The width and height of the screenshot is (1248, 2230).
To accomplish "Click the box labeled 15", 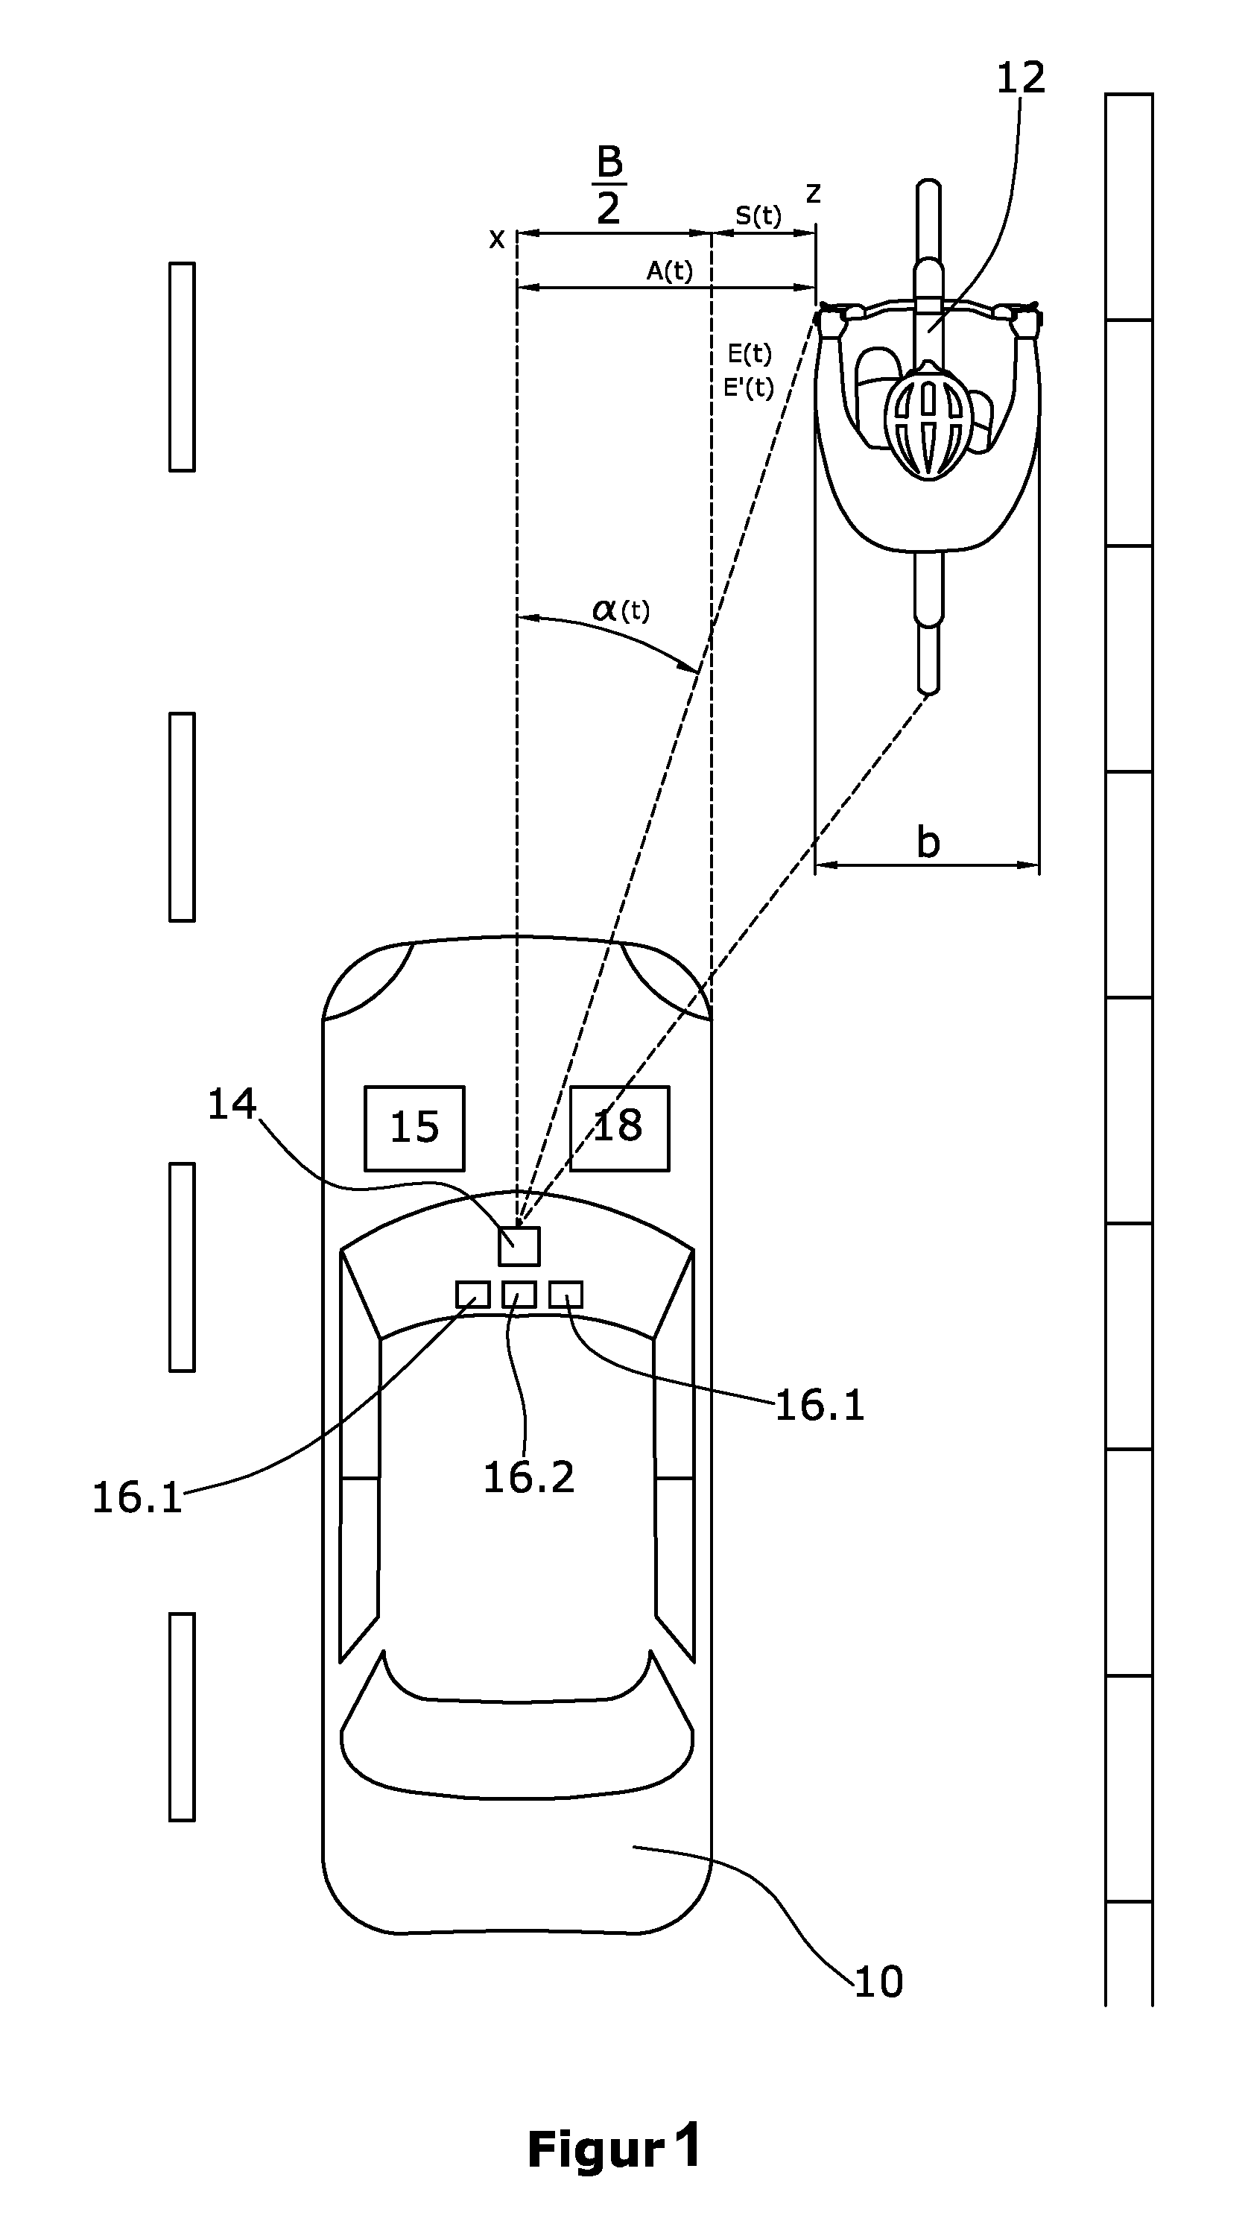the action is pos(414,1128).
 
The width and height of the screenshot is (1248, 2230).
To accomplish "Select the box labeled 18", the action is pos(620,1128).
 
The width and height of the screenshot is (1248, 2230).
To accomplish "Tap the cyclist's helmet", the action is pos(928,417).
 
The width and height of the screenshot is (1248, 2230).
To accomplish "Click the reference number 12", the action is pos(1021,78).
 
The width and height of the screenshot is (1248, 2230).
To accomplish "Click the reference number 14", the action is pos(232,1105).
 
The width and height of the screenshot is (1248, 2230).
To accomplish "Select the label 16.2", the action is pos(529,1478).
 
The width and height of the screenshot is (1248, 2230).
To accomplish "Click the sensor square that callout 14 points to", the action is pos(519,1245).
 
